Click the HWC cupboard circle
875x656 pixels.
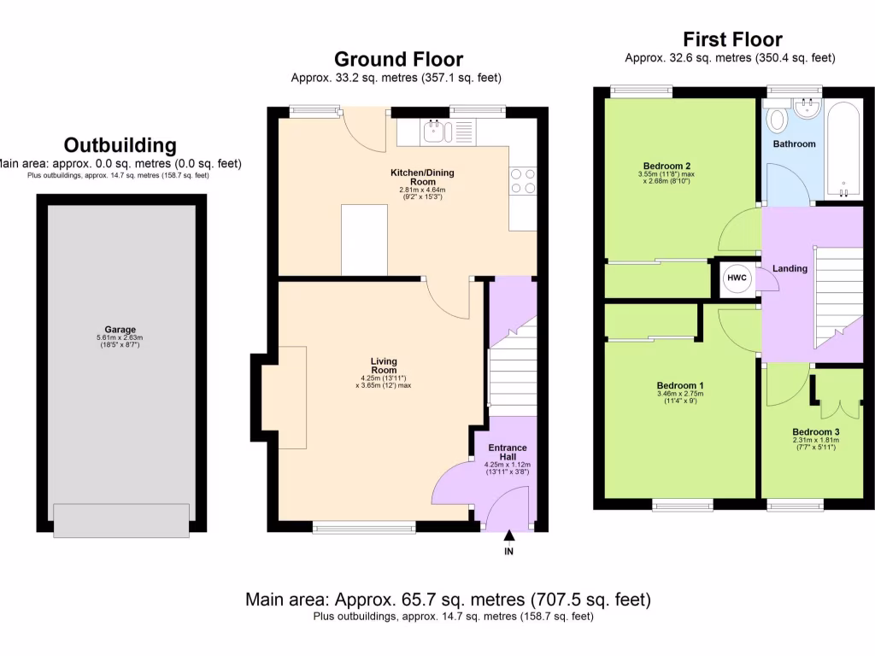click(736, 278)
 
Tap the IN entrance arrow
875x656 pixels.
click(509, 536)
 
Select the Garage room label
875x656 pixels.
click(120, 330)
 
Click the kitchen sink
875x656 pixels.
click(437, 131)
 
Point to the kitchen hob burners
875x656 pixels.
click(523, 179)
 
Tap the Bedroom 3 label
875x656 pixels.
click(815, 432)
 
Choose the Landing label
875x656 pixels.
click(790, 269)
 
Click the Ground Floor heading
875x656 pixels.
click(398, 59)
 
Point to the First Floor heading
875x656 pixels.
click(731, 39)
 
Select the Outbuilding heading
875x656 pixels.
click(120, 145)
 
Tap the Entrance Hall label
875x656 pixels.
click(507, 453)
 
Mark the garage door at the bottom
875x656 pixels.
click(120, 520)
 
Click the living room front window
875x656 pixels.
click(364, 528)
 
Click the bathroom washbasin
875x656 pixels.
click(806, 108)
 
